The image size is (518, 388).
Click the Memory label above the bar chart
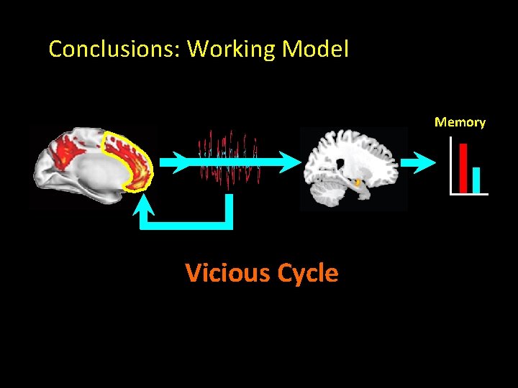pyautogui.click(x=460, y=122)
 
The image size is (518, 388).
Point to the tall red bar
pyautogui.click(x=463, y=168)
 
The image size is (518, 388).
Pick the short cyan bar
pyautogui.click(x=476, y=180)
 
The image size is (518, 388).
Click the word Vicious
pyautogui.click(x=221, y=273)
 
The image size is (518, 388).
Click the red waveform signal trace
pyautogui.click(x=229, y=154)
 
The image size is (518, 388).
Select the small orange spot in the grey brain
pyautogui.click(x=358, y=183)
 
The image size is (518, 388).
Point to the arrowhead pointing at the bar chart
pyautogui.click(x=426, y=162)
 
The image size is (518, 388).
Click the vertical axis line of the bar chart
pyautogui.click(x=450, y=165)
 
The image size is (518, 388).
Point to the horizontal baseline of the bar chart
pyautogui.click(x=468, y=194)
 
